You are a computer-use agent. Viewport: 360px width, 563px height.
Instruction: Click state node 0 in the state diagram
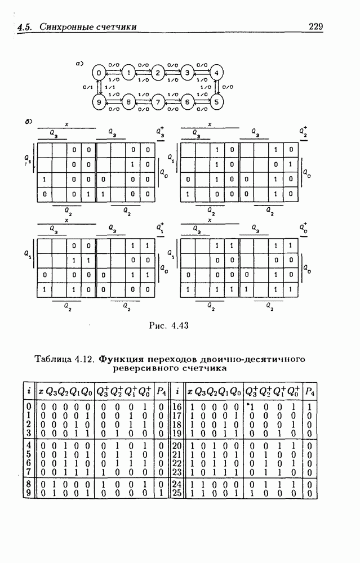(x=99, y=73)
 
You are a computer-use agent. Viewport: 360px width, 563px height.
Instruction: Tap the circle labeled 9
(x=99, y=102)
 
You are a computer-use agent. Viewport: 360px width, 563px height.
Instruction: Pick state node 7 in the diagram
(x=158, y=102)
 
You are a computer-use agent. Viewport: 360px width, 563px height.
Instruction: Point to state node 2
(x=158, y=73)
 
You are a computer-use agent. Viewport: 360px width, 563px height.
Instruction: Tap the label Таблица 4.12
(x=65, y=358)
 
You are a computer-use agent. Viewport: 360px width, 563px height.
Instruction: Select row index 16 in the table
(x=176, y=406)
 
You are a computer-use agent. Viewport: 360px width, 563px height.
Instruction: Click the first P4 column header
(x=161, y=391)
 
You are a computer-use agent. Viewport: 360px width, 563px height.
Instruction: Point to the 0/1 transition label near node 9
(x=87, y=87)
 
